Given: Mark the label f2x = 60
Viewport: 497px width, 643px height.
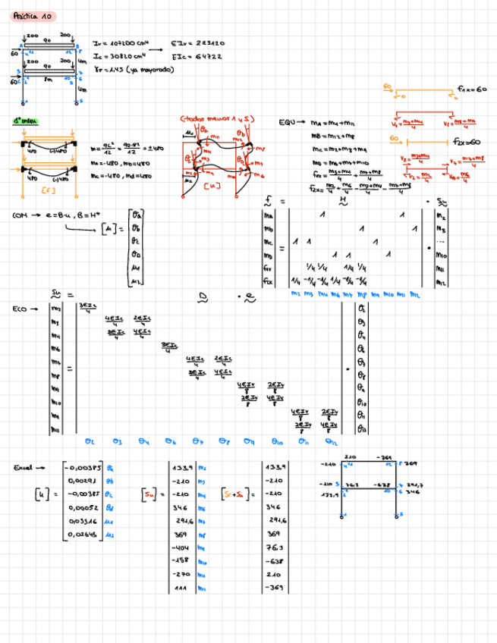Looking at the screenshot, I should [467, 142].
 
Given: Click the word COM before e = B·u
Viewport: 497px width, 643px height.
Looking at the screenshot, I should [20, 216].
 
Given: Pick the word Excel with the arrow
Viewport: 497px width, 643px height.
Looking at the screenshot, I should [24, 468].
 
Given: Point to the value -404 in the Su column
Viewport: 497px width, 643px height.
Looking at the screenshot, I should [180, 547].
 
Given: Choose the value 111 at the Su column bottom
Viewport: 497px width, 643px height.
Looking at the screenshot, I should [180, 588].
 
